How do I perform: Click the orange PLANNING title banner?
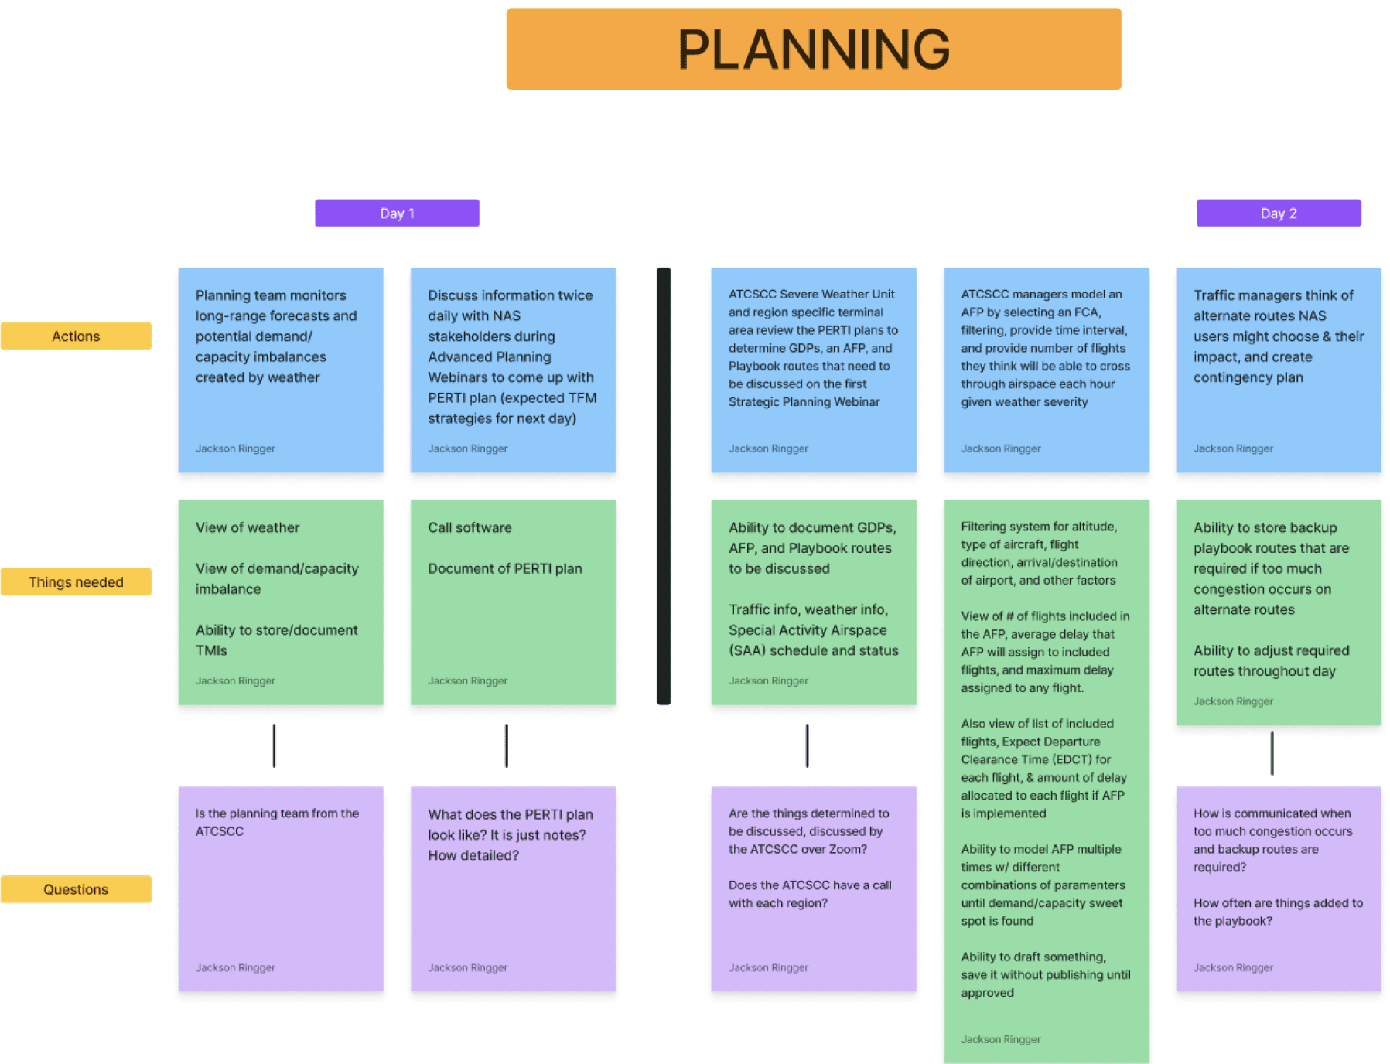[x=813, y=49]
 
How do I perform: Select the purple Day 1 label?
[x=397, y=213]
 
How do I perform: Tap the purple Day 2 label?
[x=1278, y=213]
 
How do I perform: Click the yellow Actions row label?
[x=76, y=336]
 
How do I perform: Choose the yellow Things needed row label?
[x=76, y=582]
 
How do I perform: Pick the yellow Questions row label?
[x=76, y=889]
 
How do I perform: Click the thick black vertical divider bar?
[x=664, y=486]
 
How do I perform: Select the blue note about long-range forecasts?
[x=281, y=370]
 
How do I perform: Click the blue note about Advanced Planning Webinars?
[x=513, y=370]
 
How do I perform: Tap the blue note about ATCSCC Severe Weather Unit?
[x=814, y=370]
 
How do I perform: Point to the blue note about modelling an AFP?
[x=1046, y=370]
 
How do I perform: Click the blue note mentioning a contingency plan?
[x=1278, y=370]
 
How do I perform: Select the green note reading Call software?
[x=513, y=602]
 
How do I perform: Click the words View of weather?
[x=248, y=527]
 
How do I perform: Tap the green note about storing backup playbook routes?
[x=1278, y=612]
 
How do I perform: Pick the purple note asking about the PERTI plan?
[x=513, y=888]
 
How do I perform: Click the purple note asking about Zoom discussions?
[x=814, y=888]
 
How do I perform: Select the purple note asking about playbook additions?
[x=1278, y=888]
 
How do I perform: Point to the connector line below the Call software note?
[x=507, y=745]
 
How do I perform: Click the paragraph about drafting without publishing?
[x=1045, y=974]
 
